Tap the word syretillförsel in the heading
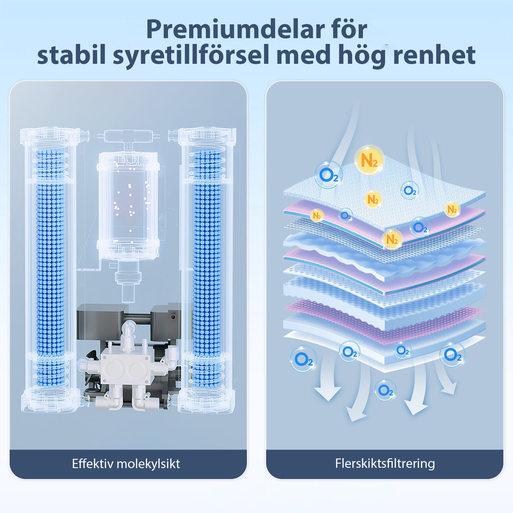click(x=191, y=56)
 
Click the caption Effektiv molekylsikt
click(x=126, y=464)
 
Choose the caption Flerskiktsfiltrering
click(x=385, y=463)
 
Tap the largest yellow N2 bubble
click(x=369, y=160)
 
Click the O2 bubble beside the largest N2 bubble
click(x=328, y=175)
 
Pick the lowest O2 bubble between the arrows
click(x=385, y=390)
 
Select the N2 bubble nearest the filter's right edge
click(x=452, y=209)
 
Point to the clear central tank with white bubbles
click(x=128, y=203)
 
